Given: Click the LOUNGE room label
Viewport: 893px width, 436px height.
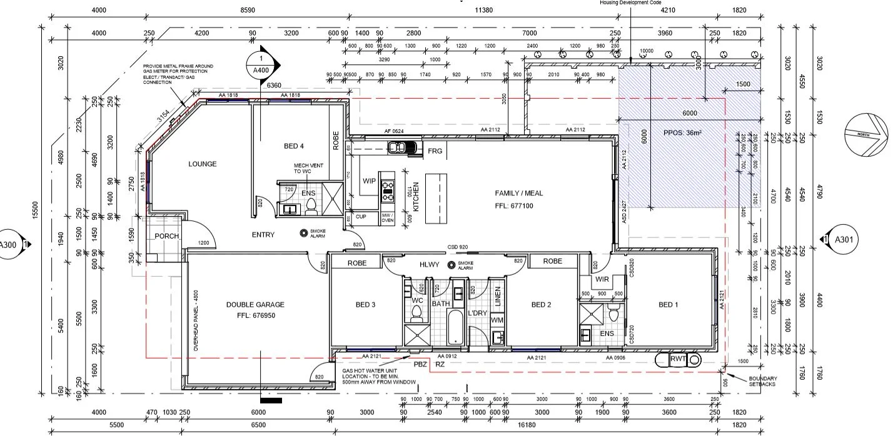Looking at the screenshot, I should [203, 164].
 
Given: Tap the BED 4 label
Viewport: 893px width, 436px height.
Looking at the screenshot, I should [294, 146].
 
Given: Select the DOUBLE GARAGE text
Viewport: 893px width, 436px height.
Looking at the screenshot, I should [255, 305].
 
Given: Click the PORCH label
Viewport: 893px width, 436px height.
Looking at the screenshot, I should [166, 236].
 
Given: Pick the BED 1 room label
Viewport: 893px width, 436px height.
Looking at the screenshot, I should [668, 305].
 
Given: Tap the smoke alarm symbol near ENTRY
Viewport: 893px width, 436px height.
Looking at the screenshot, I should [305, 234].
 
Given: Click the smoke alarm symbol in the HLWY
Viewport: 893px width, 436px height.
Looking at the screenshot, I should [451, 265].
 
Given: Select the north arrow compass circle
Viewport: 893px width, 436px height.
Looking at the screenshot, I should [866, 133].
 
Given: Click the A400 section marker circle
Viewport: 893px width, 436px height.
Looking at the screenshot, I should [261, 66].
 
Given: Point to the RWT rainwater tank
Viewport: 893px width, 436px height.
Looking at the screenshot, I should [678, 359].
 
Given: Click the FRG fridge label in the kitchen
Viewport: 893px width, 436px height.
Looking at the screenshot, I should [435, 151].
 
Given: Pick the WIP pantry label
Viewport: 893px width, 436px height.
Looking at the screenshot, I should [369, 181].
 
